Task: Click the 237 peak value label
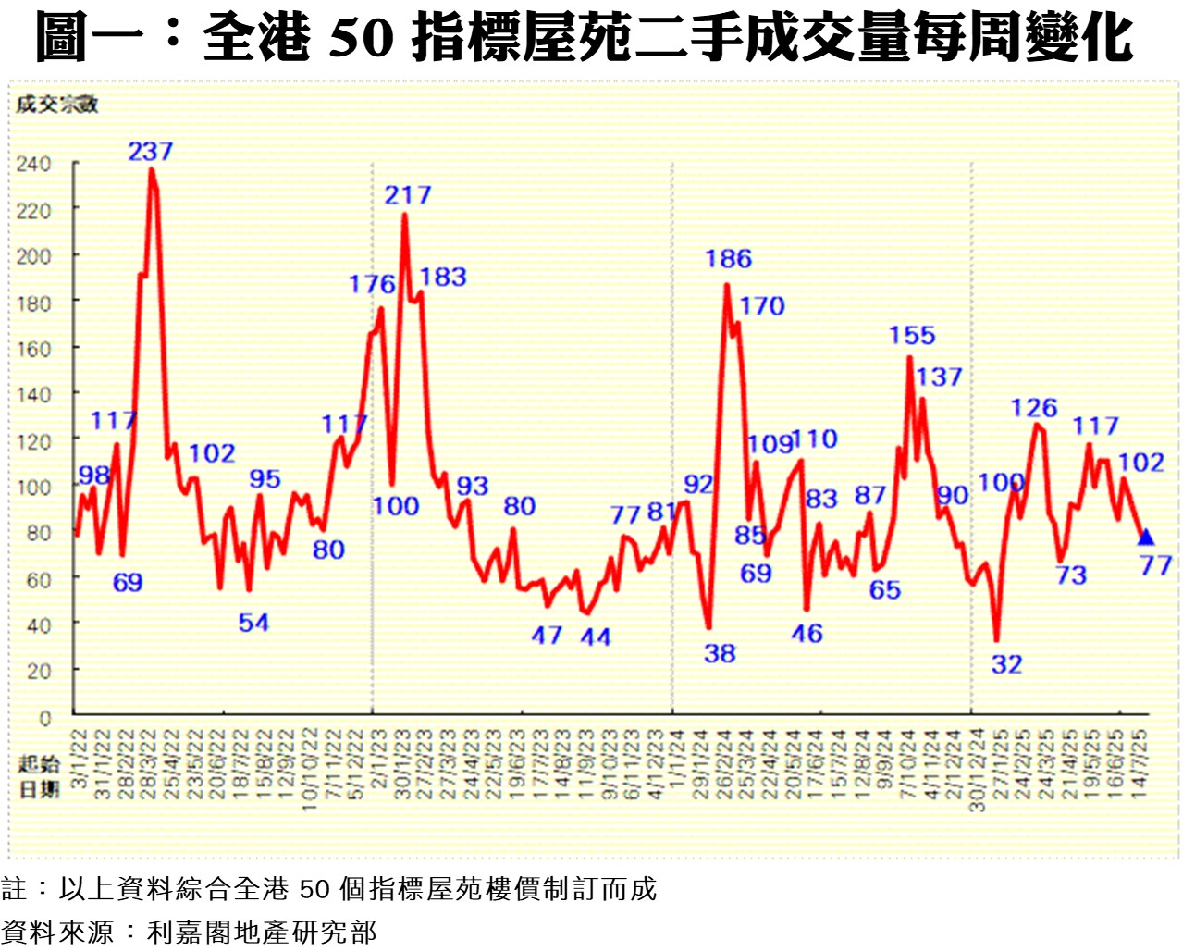(150, 151)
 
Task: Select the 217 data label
(408, 195)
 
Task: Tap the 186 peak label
(728, 259)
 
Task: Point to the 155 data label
(912, 335)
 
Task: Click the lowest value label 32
(1006, 664)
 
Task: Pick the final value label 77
(1155, 564)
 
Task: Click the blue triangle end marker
(1146, 538)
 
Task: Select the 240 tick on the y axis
(33, 164)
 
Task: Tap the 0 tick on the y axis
(45, 717)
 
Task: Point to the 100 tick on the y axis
(33, 487)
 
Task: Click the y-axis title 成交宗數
(56, 105)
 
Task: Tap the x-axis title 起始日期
(39, 775)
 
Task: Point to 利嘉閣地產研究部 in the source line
(262, 932)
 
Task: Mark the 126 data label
(1033, 408)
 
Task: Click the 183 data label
(442, 277)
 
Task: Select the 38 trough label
(720, 653)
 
